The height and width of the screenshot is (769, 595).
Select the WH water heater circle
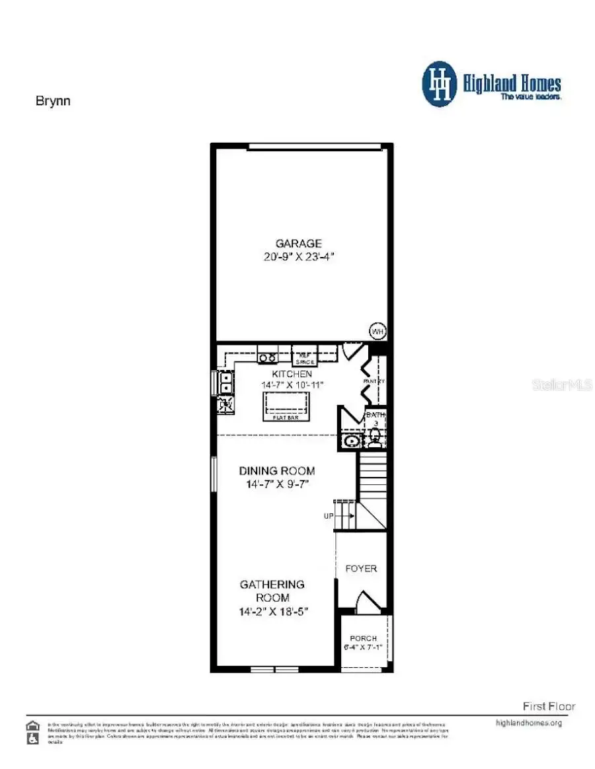click(x=377, y=331)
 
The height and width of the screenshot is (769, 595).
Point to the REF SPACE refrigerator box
click(x=305, y=358)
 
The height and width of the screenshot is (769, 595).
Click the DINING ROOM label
click(x=276, y=471)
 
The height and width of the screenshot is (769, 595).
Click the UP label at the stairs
click(x=329, y=517)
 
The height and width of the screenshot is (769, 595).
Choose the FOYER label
click(x=361, y=568)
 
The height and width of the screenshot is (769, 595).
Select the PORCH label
click(x=363, y=638)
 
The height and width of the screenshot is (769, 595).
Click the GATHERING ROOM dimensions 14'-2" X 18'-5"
click(x=274, y=612)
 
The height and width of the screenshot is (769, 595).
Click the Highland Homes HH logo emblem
click(x=440, y=85)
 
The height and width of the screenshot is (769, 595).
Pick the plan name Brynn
click(x=52, y=102)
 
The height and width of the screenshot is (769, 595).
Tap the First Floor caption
click(x=549, y=706)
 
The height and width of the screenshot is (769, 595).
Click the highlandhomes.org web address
click(x=528, y=723)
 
